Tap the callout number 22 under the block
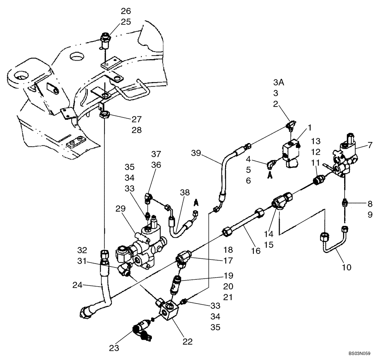[x=187, y=342]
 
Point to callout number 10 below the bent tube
[x=346, y=267]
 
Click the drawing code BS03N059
[x=360, y=354]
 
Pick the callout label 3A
[x=279, y=82]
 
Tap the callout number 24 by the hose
[x=78, y=285]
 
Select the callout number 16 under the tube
[x=256, y=251]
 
